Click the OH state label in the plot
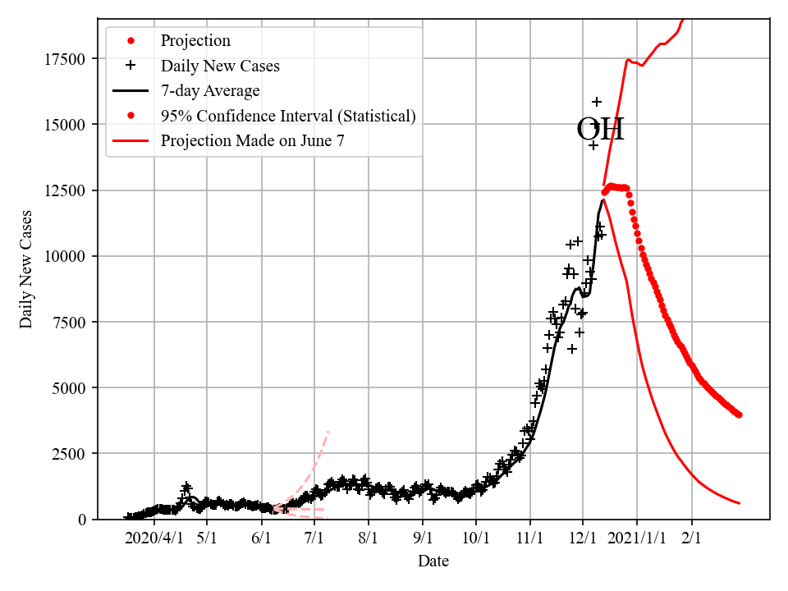tap(600, 130)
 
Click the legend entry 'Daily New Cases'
tap(220, 66)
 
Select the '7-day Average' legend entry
tap(210, 90)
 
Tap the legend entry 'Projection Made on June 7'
tap(252, 140)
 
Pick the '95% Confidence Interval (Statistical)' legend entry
tap(288, 116)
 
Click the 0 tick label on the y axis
tap(83, 519)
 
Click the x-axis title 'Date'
tap(433, 561)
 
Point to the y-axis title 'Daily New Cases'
tap(27, 269)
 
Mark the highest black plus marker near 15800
tap(597, 102)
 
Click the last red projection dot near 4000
tap(739, 415)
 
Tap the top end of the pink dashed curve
tap(328, 431)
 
